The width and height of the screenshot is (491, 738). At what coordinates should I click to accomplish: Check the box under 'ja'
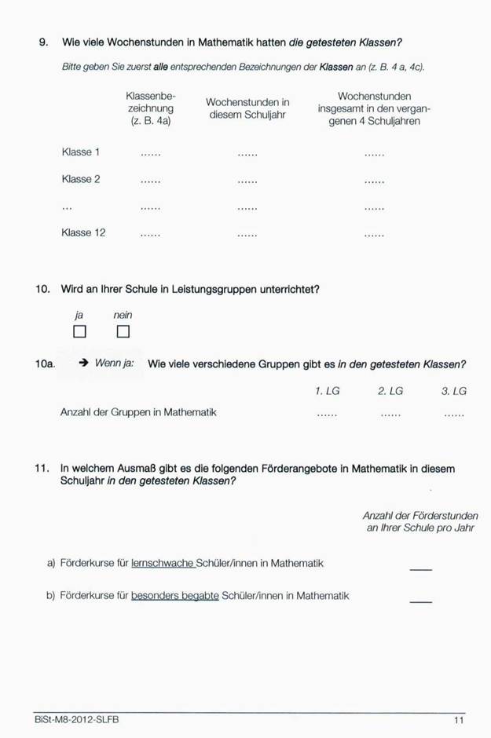[79, 331]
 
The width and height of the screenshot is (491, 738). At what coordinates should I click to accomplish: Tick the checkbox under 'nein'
[123, 331]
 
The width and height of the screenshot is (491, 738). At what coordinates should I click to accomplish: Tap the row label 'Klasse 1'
[81, 152]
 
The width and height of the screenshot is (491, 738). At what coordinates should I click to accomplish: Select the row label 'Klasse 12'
[83, 233]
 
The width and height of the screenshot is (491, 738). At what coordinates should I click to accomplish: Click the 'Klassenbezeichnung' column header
[151, 108]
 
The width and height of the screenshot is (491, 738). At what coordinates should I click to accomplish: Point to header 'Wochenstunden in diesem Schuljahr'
[247, 108]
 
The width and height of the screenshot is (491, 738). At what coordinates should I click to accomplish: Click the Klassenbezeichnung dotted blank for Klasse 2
[150, 182]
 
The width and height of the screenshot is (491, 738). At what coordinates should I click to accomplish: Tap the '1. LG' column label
[327, 390]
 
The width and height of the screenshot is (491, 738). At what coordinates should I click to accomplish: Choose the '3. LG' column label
[453, 390]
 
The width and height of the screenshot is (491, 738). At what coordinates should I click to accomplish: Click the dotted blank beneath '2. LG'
[390, 415]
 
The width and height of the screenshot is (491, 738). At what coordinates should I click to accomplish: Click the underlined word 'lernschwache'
[163, 564]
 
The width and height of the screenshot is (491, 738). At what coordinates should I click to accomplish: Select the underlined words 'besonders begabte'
[174, 596]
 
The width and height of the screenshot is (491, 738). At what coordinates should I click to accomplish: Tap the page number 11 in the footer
[459, 720]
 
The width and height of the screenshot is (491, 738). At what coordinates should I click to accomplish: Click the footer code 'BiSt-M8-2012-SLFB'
[77, 720]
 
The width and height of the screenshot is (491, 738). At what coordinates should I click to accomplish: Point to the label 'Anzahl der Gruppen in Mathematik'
[138, 412]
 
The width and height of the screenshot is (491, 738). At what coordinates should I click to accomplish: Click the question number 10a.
[46, 364]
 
